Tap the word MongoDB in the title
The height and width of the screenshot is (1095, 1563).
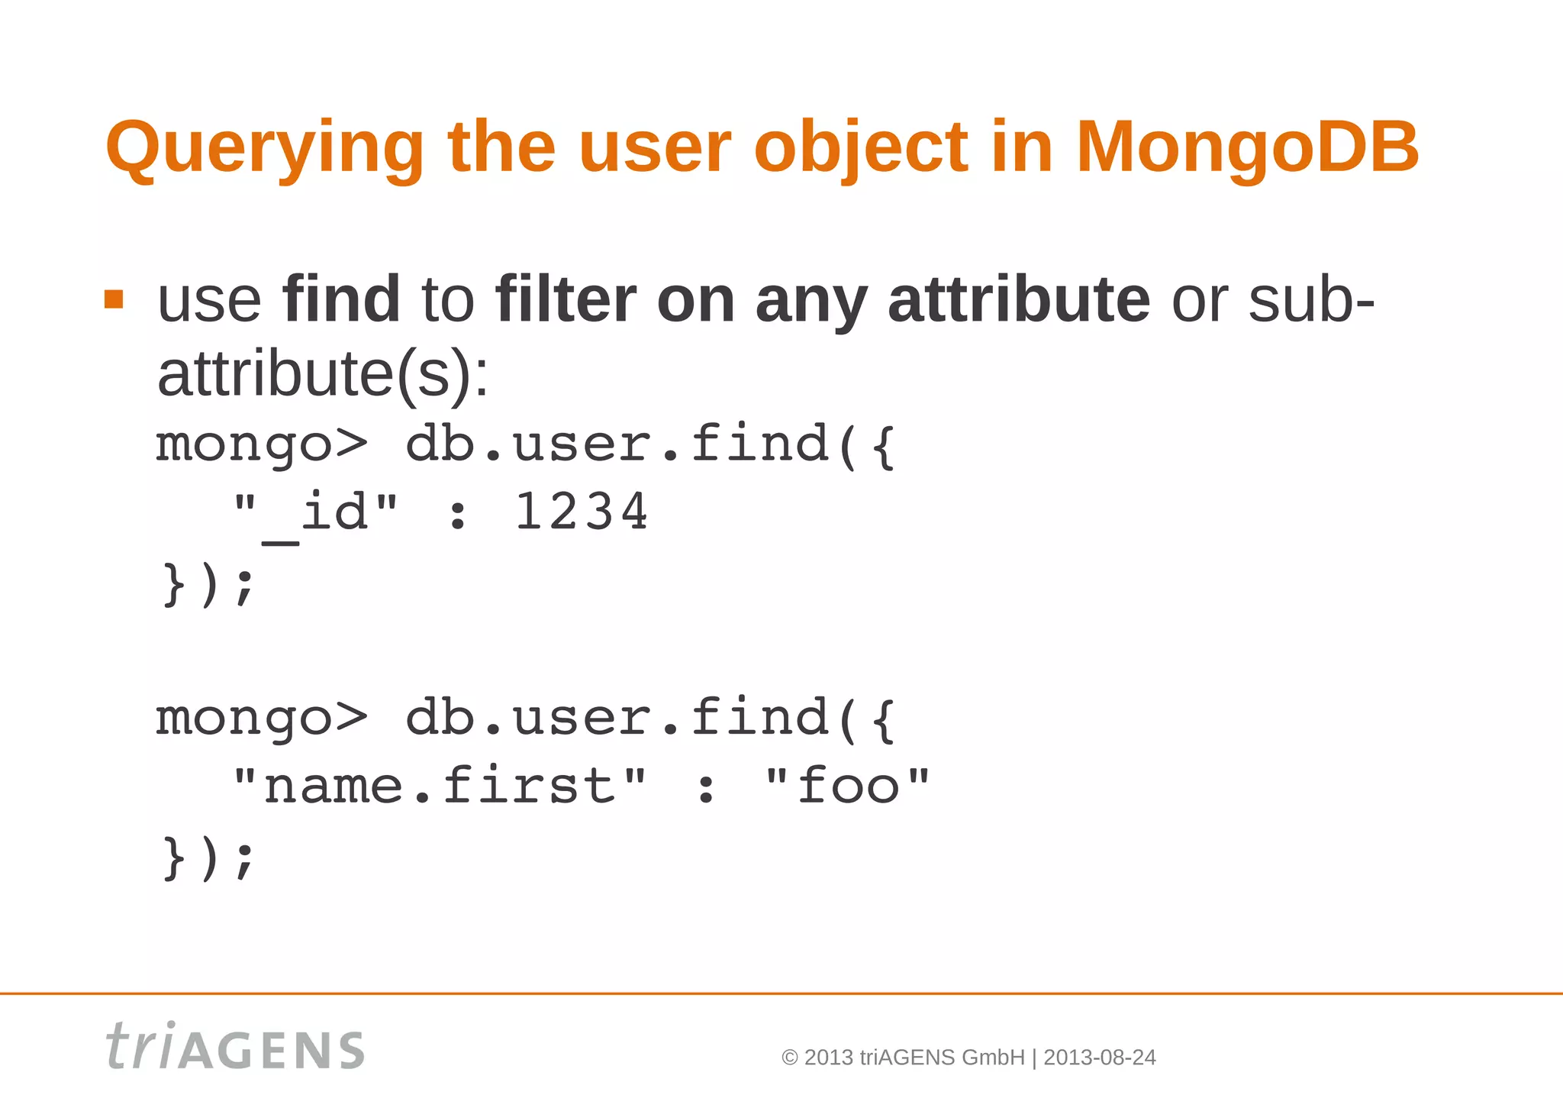pos(1247,147)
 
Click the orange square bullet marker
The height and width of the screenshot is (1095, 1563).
pos(114,299)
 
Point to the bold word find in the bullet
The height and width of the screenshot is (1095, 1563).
pos(341,299)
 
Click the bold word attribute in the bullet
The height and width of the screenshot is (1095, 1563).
pos(1019,299)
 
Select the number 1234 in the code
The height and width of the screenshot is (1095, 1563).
pos(581,512)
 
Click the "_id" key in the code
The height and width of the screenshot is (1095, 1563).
pos(315,513)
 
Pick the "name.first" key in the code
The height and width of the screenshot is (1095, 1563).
pos(440,787)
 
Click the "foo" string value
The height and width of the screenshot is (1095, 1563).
pos(847,787)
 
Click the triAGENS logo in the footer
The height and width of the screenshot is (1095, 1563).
pos(235,1047)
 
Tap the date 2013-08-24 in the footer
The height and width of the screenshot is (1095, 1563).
pos(1099,1058)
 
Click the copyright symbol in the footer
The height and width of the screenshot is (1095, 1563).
pos(790,1058)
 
